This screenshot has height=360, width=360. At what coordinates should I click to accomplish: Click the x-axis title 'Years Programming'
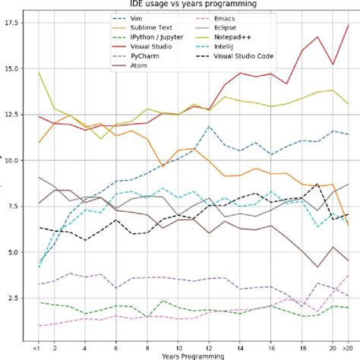(193, 355)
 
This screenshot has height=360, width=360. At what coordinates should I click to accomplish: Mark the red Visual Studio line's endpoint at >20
(348, 24)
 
